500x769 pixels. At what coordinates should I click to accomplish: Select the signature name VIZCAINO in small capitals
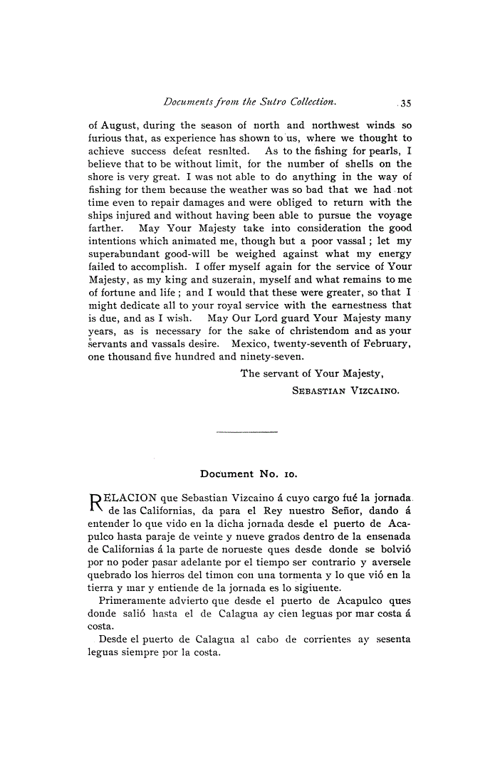[368, 390]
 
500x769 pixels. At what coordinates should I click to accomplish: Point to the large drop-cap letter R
[96, 503]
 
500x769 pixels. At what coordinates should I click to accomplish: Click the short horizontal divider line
[246, 431]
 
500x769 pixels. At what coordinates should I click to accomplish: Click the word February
[386, 344]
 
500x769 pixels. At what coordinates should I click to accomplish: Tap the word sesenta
[392, 639]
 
